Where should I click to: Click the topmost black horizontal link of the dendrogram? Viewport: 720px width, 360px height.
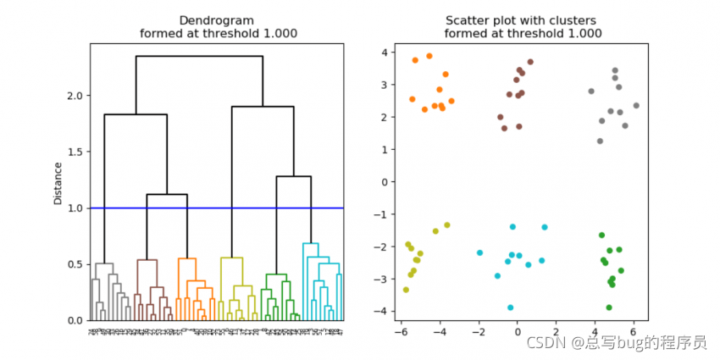(x=199, y=56)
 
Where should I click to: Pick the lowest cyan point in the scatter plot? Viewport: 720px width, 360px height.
(x=510, y=307)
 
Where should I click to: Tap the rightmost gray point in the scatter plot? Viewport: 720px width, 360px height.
(x=636, y=106)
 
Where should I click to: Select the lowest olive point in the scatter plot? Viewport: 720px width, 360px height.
(x=406, y=290)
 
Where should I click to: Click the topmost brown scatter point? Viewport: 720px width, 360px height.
(x=530, y=62)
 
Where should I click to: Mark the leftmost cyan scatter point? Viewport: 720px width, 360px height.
(x=479, y=252)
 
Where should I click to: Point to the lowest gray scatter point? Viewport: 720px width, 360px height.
(x=600, y=141)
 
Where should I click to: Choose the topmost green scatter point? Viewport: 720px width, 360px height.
(x=601, y=235)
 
